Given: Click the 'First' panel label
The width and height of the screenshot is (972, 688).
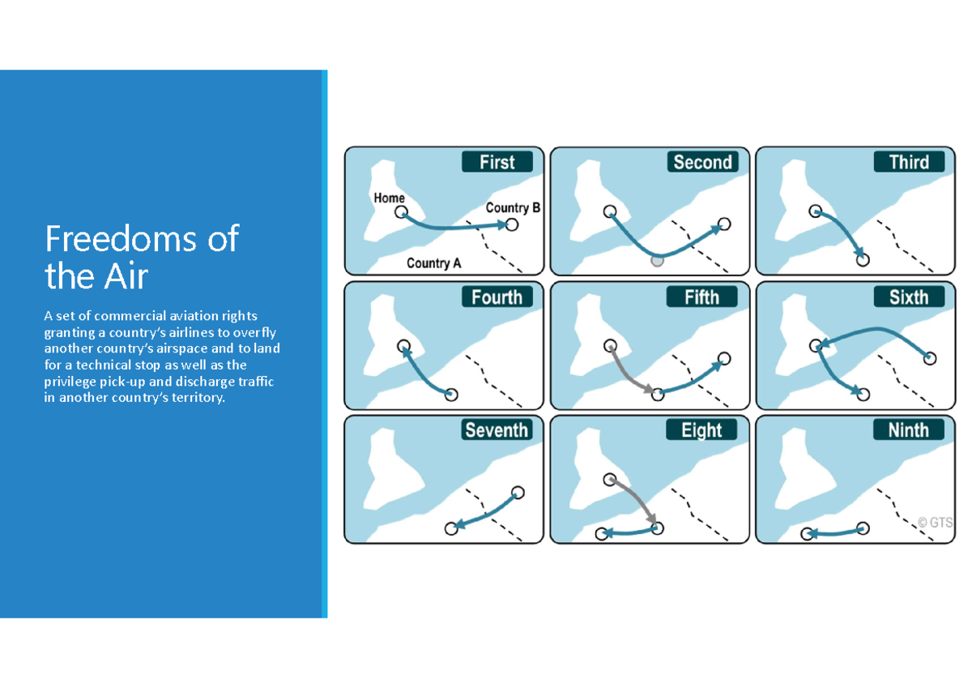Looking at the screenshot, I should (497, 162).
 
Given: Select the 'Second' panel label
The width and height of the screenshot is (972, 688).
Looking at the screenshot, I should (702, 162).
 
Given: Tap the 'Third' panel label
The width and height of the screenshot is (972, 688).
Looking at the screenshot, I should (909, 162).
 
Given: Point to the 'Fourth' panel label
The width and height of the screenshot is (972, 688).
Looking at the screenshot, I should (497, 297).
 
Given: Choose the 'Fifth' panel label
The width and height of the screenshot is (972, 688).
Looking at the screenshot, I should (701, 297).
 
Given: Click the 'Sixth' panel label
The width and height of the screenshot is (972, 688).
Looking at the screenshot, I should (909, 297).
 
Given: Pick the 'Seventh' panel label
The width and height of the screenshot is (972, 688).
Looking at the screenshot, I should (497, 429).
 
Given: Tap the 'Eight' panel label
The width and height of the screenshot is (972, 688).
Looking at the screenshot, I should (701, 429).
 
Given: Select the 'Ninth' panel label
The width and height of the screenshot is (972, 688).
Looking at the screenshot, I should (909, 429).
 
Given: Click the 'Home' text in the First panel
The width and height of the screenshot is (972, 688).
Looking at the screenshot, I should (390, 198).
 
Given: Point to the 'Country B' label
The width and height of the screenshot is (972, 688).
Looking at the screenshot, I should (513, 207).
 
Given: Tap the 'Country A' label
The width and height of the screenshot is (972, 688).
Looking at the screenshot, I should (434, 263).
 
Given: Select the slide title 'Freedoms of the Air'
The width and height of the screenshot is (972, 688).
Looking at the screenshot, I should (142, 258).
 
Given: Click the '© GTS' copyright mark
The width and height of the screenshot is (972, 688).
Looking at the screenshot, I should (935, 523).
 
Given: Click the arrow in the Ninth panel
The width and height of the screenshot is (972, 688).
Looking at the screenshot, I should (834, 532).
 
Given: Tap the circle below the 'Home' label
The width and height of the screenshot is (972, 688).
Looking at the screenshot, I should (401, 212).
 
